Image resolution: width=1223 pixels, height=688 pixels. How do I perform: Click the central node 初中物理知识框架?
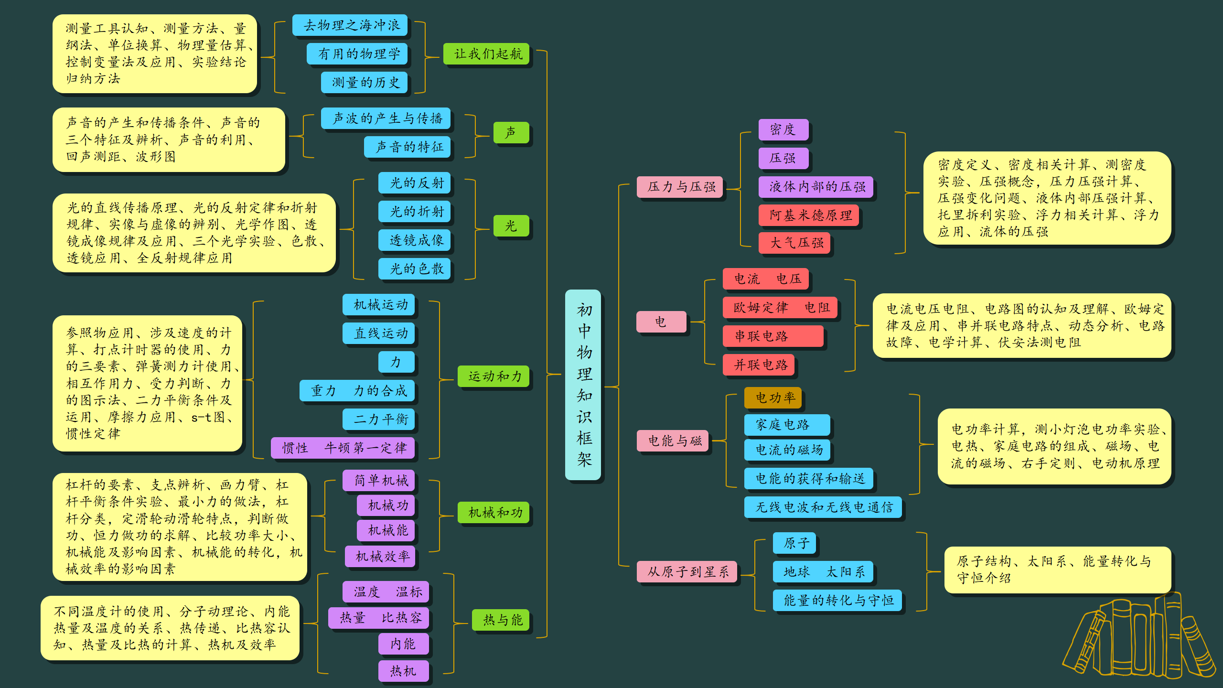[583, 385]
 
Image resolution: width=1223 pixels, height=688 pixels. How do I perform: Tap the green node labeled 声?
[511, 132]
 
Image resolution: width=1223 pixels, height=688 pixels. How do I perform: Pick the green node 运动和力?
[494, 376]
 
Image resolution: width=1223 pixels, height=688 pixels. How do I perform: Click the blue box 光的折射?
[415, 212]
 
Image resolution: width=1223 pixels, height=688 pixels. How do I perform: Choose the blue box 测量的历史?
[365, 83]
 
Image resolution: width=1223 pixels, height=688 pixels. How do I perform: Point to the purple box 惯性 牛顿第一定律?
[343, 448]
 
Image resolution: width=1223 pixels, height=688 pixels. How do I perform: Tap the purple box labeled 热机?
[403, 671]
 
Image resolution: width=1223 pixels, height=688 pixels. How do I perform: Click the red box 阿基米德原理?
[809, 215]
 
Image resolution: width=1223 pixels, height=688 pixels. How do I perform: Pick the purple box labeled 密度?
[783, 129]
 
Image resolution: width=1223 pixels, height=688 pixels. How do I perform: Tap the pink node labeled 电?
[661, 322]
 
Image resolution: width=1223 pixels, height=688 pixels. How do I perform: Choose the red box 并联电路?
[759, 365]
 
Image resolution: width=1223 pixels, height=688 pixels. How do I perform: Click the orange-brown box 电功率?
[773, 398]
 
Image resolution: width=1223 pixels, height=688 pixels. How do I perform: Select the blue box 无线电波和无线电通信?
[823, 507]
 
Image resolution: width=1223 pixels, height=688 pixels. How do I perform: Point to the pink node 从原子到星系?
[687, 572]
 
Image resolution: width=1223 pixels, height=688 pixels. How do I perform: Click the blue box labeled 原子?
[794, 543]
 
